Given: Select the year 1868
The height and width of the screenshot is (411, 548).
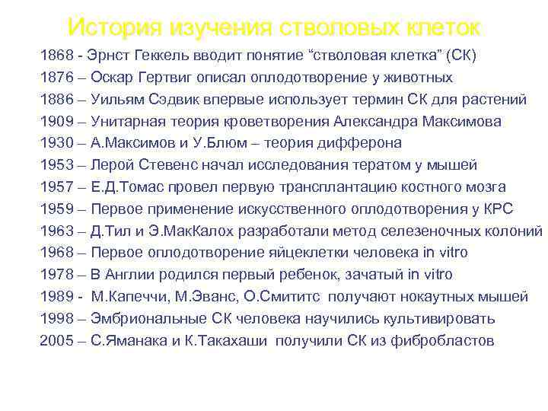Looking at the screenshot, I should [x=56, y=56].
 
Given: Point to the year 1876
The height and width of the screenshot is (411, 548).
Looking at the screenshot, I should [x=56, y=78].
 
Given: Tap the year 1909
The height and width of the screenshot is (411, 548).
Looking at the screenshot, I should [x=56, y=122].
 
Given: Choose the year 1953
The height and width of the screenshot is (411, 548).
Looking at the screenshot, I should [x=56, y=165].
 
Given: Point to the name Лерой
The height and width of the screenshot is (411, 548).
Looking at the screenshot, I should [x=111, y=165].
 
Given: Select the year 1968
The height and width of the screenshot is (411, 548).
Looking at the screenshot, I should [x=56, y=253].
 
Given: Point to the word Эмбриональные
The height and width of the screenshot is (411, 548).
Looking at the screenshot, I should [x=145, y=319].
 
